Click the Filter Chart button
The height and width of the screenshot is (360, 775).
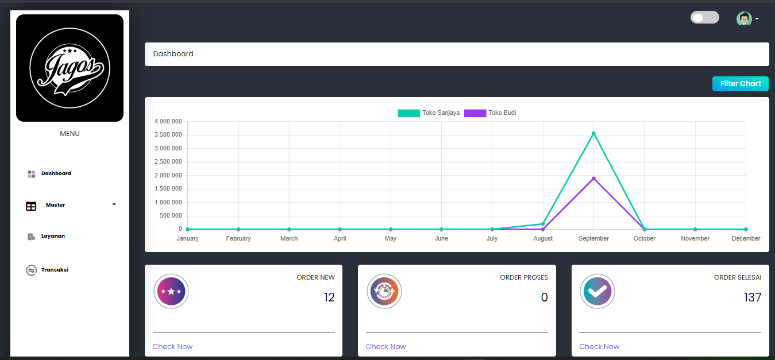740,84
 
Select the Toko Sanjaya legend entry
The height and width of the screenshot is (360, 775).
429,113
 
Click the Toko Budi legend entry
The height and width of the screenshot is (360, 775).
490,113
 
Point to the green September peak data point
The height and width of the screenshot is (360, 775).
593,133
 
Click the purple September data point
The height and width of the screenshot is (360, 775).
593,179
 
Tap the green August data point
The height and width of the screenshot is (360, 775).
543,224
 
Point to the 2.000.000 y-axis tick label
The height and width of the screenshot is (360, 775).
168,175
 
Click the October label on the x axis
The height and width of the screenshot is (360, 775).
644,238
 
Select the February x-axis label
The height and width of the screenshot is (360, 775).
238,238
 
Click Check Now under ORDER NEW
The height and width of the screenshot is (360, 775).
172,347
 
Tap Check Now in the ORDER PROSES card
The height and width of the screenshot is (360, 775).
385,347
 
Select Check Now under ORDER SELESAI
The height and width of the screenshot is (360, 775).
599,347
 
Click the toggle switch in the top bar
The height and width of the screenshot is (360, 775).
705,17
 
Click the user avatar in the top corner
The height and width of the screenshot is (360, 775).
744,19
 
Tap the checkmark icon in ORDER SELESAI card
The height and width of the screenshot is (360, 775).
597,291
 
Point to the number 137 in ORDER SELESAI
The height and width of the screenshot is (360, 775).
753,297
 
